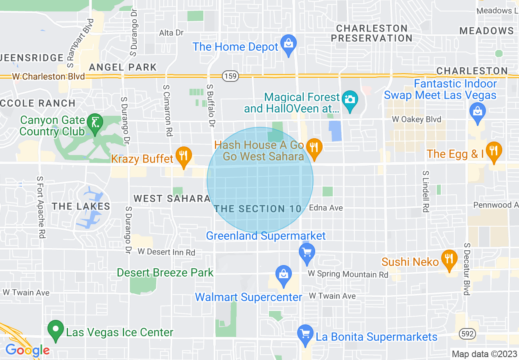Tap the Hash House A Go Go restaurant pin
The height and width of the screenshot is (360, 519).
[314, 148]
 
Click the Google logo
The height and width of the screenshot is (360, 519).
[27, 350]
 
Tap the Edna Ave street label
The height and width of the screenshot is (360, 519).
[326, 208]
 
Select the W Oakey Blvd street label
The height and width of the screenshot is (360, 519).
[416, 119]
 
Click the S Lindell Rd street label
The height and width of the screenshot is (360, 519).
[426, 191]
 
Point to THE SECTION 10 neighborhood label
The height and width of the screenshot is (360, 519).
[258, 209]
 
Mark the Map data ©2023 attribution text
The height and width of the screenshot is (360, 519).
[484, 354]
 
